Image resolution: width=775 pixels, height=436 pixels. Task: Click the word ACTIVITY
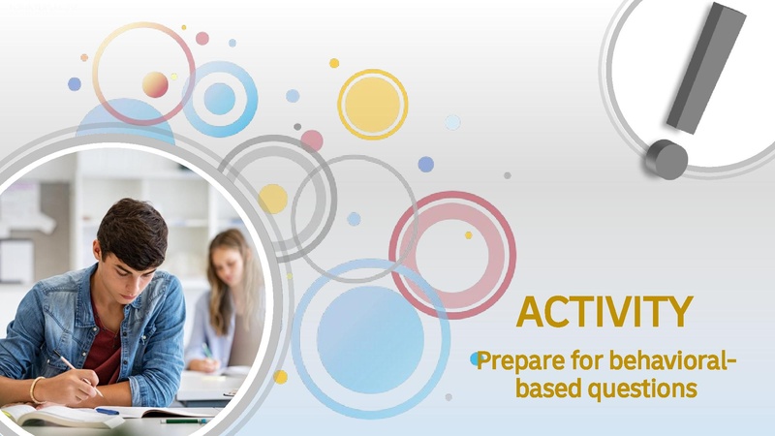(x=604, y=312)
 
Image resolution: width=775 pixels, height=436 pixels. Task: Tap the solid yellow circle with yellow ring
(x=372, y=104)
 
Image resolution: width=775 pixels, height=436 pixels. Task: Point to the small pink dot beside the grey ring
(x=312, y=140)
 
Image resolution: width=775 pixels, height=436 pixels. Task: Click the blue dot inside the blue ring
(x=220, y=98)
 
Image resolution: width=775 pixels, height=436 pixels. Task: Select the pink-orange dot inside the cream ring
(x=155, y=84)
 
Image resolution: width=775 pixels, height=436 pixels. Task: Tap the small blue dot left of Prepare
(x=477, y=359)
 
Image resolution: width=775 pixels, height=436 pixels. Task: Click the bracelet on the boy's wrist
(x=35, y=389)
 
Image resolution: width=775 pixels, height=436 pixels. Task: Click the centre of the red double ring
(x=452, y=254)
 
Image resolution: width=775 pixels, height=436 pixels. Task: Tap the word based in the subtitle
(x=545, y=389)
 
